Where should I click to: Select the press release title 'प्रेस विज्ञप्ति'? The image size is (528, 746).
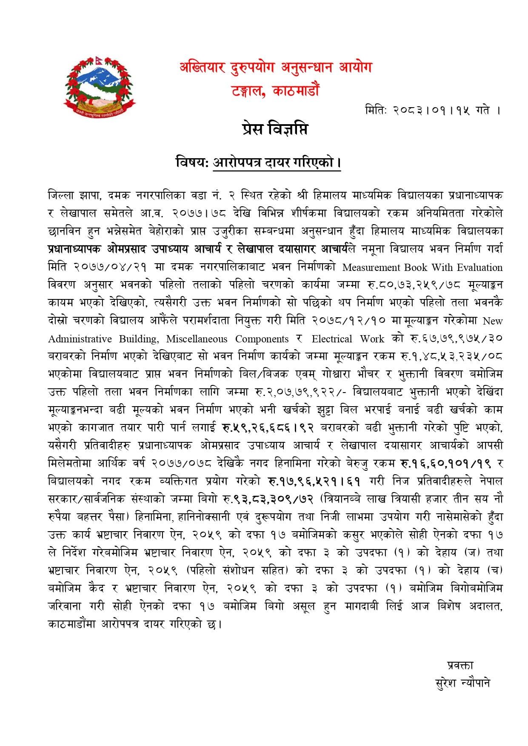click(273, 129)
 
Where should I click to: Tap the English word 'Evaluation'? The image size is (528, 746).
click(479, 268)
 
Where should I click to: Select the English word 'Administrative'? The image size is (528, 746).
click(80, 339)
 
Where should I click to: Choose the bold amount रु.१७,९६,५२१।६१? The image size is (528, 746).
click(315, 481)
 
